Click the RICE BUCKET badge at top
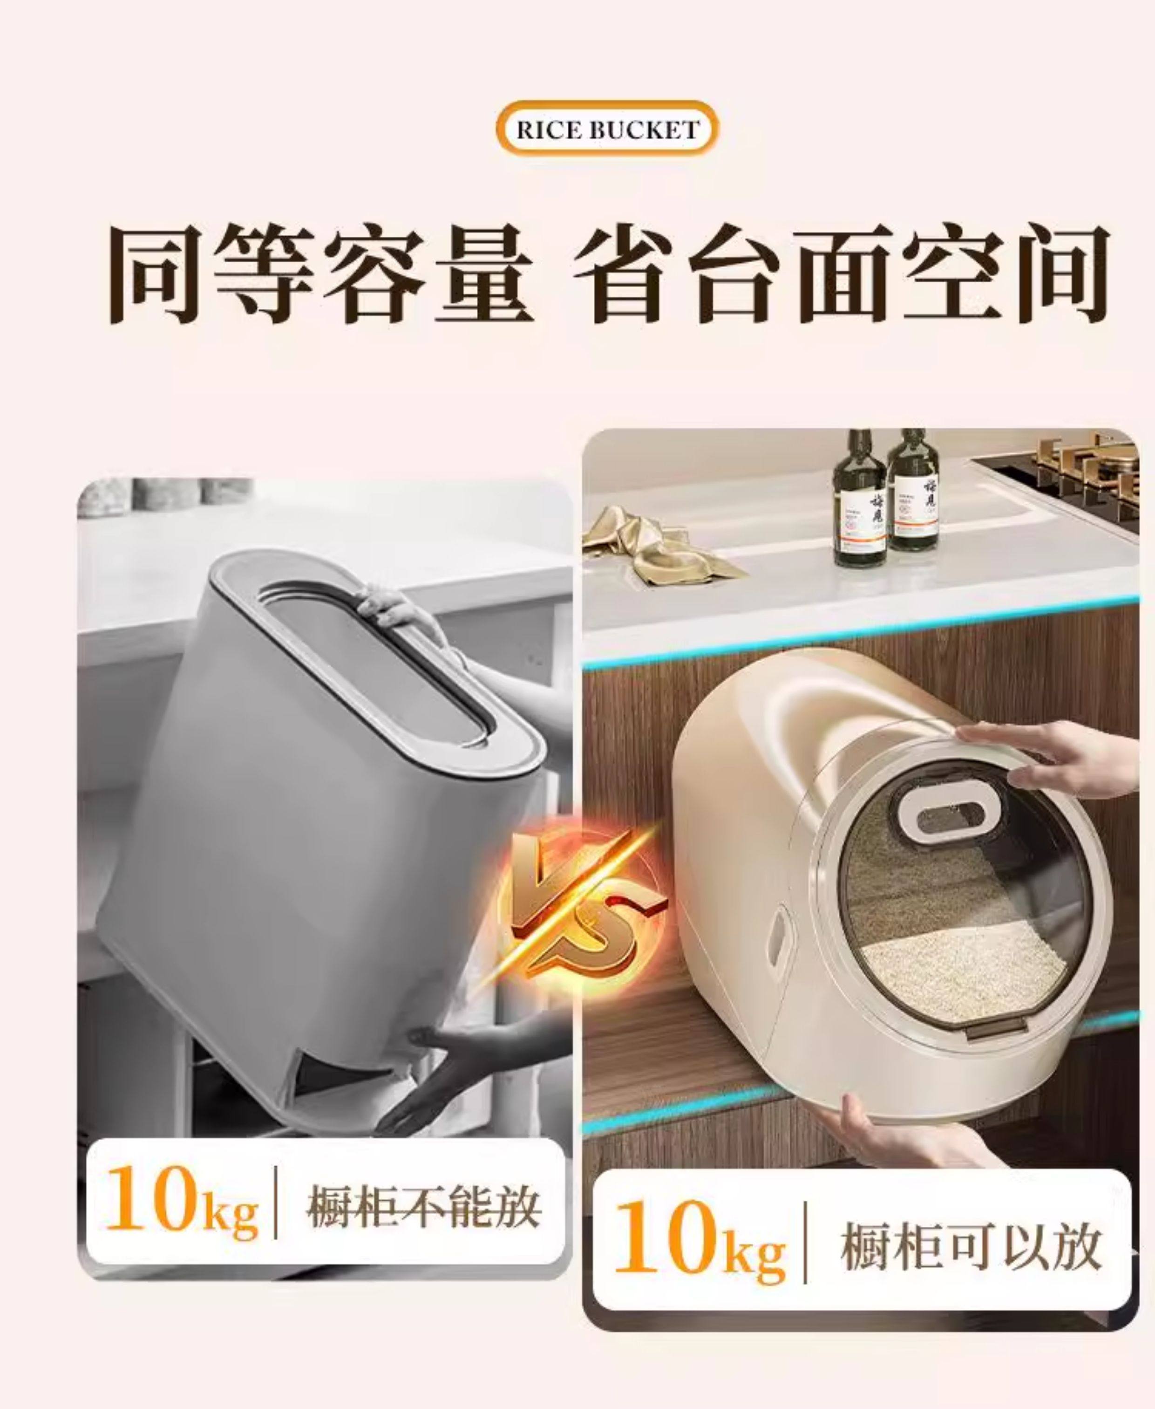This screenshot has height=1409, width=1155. pyautogui.click(x=607, y=129)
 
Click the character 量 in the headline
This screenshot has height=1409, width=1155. pyautogui.click(x=484, y=274)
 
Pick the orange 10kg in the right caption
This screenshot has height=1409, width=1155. pyautogui.click(x=699, y=1246)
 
